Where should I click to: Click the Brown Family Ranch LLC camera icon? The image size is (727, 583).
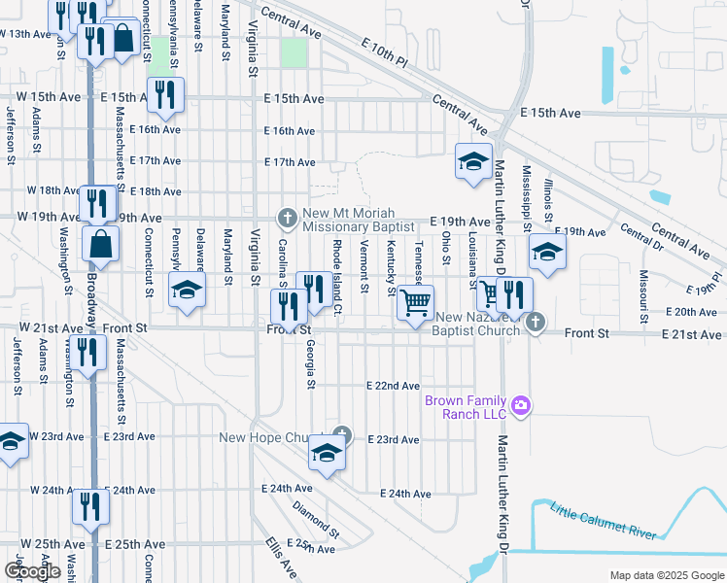pos(521,405)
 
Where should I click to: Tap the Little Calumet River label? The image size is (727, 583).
pos(604,521)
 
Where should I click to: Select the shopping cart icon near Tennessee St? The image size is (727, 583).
pos(416,302)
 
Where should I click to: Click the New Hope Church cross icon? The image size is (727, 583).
pos(340,434)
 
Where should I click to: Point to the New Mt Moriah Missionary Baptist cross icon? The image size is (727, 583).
pos(287,216)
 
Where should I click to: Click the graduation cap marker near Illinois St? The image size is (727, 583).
pos(547,254)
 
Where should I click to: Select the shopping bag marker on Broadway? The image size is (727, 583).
pos(101,245)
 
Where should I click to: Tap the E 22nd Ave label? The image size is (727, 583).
pos(393,386)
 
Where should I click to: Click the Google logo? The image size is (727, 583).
pos(32,571)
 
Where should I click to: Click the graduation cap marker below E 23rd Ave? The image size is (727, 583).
pos(328,454)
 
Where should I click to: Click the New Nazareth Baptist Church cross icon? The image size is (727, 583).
pos(534,322)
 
